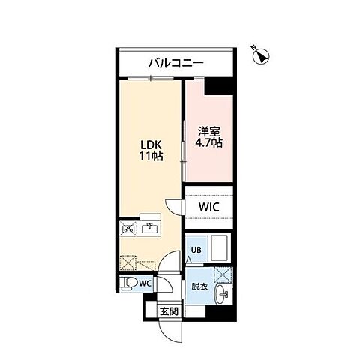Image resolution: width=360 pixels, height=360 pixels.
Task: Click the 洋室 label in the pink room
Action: pyautogui.click(x=209, y=128)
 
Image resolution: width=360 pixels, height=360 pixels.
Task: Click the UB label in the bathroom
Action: pyautogui.click(x=195, y=250)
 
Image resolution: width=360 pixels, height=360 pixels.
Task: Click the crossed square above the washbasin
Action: pyautogui.click(x=222, y=274)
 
